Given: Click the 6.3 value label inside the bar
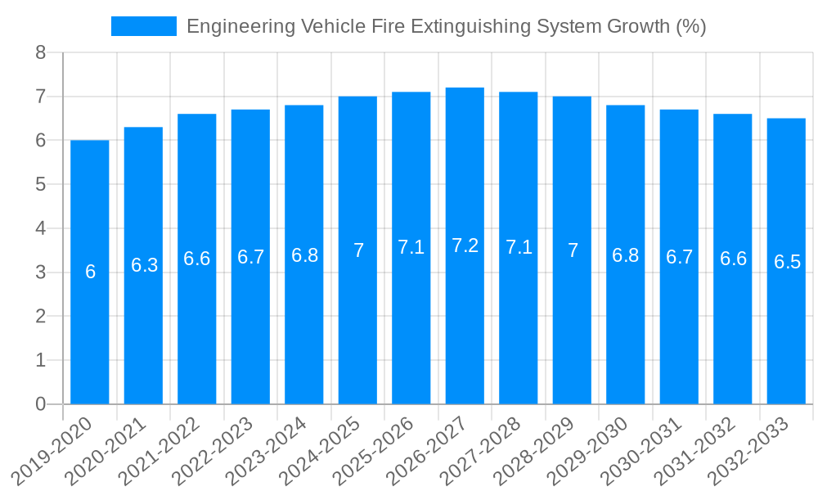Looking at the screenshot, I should tap(144, 265).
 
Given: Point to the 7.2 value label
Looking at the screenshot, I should tap(465, 245).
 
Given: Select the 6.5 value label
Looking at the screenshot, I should tap(787, 262).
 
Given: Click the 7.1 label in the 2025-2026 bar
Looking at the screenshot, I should tap(411, 247).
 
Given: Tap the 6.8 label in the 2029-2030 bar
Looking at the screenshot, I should tap(625, 255).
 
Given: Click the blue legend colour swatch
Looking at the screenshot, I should tap(144, 26).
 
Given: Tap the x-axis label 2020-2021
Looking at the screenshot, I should tap(107, 451).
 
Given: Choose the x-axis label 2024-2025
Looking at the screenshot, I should tap(321, 451).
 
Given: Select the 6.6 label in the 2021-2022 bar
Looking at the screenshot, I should tap(196, 259).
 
